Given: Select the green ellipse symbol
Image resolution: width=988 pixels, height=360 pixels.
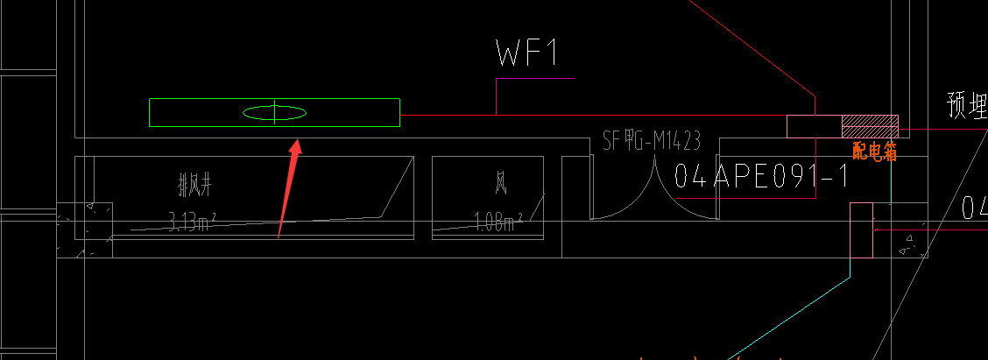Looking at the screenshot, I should pos(274,112).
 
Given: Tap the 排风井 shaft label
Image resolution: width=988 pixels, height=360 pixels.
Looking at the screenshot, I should pos(195,184).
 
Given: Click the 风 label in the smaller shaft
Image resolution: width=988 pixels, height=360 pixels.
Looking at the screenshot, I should pos(501,184).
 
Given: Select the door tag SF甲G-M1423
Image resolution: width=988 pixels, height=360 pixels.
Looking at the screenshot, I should pos(652,140).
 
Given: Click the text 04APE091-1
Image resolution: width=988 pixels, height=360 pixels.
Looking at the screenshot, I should pos(762,176).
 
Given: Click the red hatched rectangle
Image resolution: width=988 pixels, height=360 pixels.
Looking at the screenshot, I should pos(870,126).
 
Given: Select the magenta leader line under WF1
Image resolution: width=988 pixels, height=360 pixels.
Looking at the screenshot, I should pos(497,95).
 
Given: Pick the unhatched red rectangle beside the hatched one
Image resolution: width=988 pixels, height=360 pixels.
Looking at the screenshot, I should pos(814,126).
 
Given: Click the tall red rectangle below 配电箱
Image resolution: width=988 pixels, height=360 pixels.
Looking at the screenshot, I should pos(862,229).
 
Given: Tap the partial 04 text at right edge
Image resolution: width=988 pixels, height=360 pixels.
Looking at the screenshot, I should pos(974,208).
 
